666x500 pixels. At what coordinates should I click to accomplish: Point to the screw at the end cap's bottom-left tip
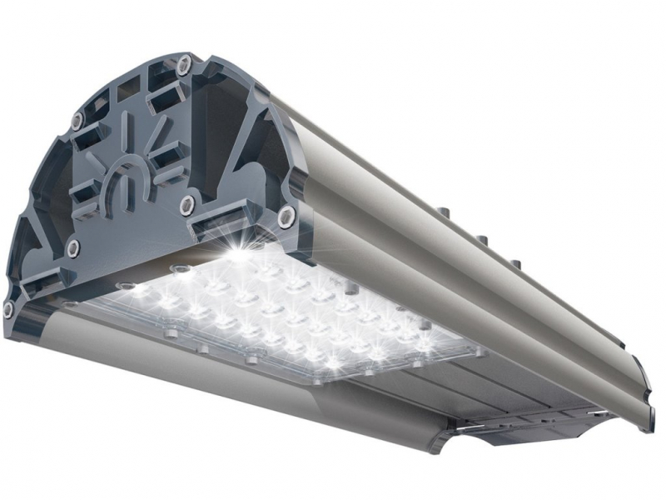click(9, 309)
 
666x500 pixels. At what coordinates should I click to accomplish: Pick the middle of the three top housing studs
click(483, 242)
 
